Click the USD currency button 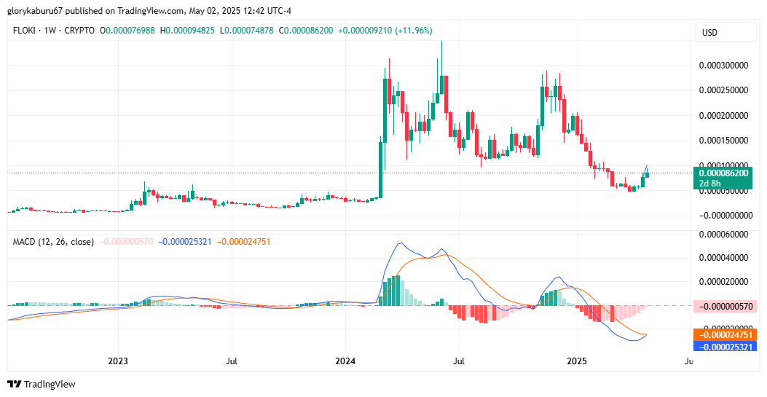(709, 33)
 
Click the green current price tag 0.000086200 (723, 173)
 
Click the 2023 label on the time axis (117, 361)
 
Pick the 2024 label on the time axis (345, 361)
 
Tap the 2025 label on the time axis (576, 361)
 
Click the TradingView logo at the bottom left (42, 384)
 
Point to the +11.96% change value (414, 31)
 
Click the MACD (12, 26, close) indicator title (53, 241)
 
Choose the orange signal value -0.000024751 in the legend (244, 241)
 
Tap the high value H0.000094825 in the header (189, 31)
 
